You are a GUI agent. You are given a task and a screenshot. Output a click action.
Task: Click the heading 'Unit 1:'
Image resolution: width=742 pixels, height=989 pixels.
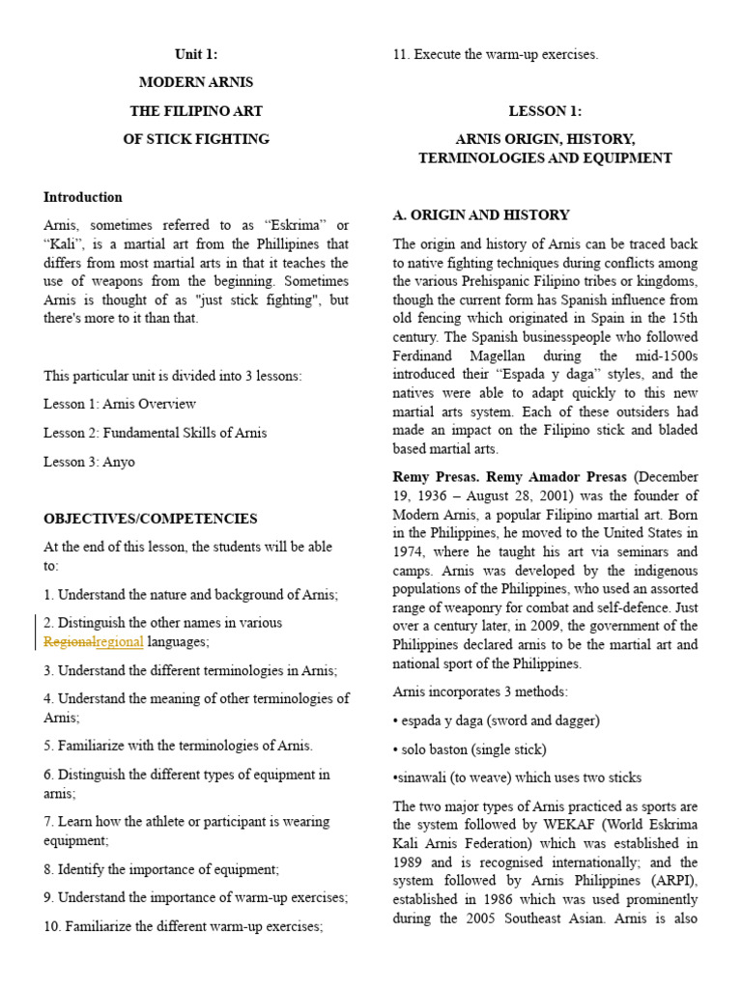click(x=196, y=54)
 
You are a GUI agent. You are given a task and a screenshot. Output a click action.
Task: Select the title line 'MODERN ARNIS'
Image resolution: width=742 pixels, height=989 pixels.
click(x=196, y=82)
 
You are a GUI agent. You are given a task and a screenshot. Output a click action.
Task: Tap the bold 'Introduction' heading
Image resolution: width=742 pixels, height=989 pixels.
click(x=83, y=197)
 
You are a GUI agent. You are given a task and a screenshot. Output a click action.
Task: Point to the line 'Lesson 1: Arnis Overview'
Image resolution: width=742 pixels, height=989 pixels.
click(x=120, y=404)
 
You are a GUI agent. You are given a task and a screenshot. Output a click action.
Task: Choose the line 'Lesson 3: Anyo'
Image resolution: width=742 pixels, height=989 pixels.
click(x=89, y=462)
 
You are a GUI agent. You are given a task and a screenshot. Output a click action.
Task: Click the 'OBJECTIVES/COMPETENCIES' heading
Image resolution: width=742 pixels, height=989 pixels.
click(x=150, y=519)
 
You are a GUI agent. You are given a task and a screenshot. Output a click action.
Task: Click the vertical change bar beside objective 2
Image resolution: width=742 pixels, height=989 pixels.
click(x=36, y=632)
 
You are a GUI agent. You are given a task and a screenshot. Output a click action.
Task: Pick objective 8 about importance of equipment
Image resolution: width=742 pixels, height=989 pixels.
click(x=160, y=869)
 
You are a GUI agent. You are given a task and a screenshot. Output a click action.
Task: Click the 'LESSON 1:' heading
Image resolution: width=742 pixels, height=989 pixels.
click(x=545, y=111)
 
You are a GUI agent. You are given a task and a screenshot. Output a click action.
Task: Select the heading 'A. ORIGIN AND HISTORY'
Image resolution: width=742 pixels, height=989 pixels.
click(x=481, y=214)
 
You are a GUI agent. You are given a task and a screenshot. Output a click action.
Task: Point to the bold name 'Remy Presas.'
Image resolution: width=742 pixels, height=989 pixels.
click(x=435, y=477)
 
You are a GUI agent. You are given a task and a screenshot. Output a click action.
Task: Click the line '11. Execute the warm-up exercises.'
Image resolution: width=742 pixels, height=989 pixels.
click(x=495, y=54)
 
